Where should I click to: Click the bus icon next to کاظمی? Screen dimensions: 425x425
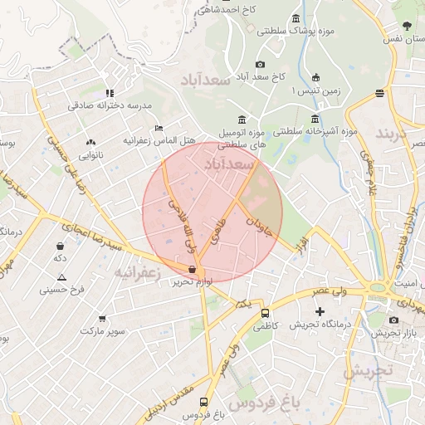265,314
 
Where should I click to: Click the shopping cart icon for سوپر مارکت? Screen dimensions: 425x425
102,318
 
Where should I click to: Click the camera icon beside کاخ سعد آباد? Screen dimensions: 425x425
260,64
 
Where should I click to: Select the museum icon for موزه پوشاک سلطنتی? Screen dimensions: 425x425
296,18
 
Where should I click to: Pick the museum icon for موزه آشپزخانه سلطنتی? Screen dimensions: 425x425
315,118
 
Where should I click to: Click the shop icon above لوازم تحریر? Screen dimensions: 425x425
193,270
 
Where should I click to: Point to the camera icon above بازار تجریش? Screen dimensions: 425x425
393,320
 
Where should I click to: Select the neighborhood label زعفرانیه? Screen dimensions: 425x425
135,272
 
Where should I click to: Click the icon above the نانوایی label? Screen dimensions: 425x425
90,142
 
